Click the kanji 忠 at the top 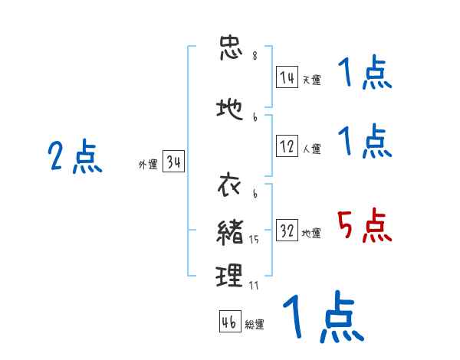point(230,48)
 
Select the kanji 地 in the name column point(230,110)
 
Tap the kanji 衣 point(230,186)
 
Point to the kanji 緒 point(230,231)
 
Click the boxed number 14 point(287,77)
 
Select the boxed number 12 point(287,147)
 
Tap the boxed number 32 point(287,231)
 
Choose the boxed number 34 point(173,163)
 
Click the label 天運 point(311,79)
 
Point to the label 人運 point(311,149)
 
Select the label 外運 point(147,165)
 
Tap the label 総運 point(255,324)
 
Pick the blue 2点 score point(74,158)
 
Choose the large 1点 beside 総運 point(322,317)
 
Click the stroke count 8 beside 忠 point(255,56)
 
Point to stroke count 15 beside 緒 point(255,241)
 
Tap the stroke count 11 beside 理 point(255,285)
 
